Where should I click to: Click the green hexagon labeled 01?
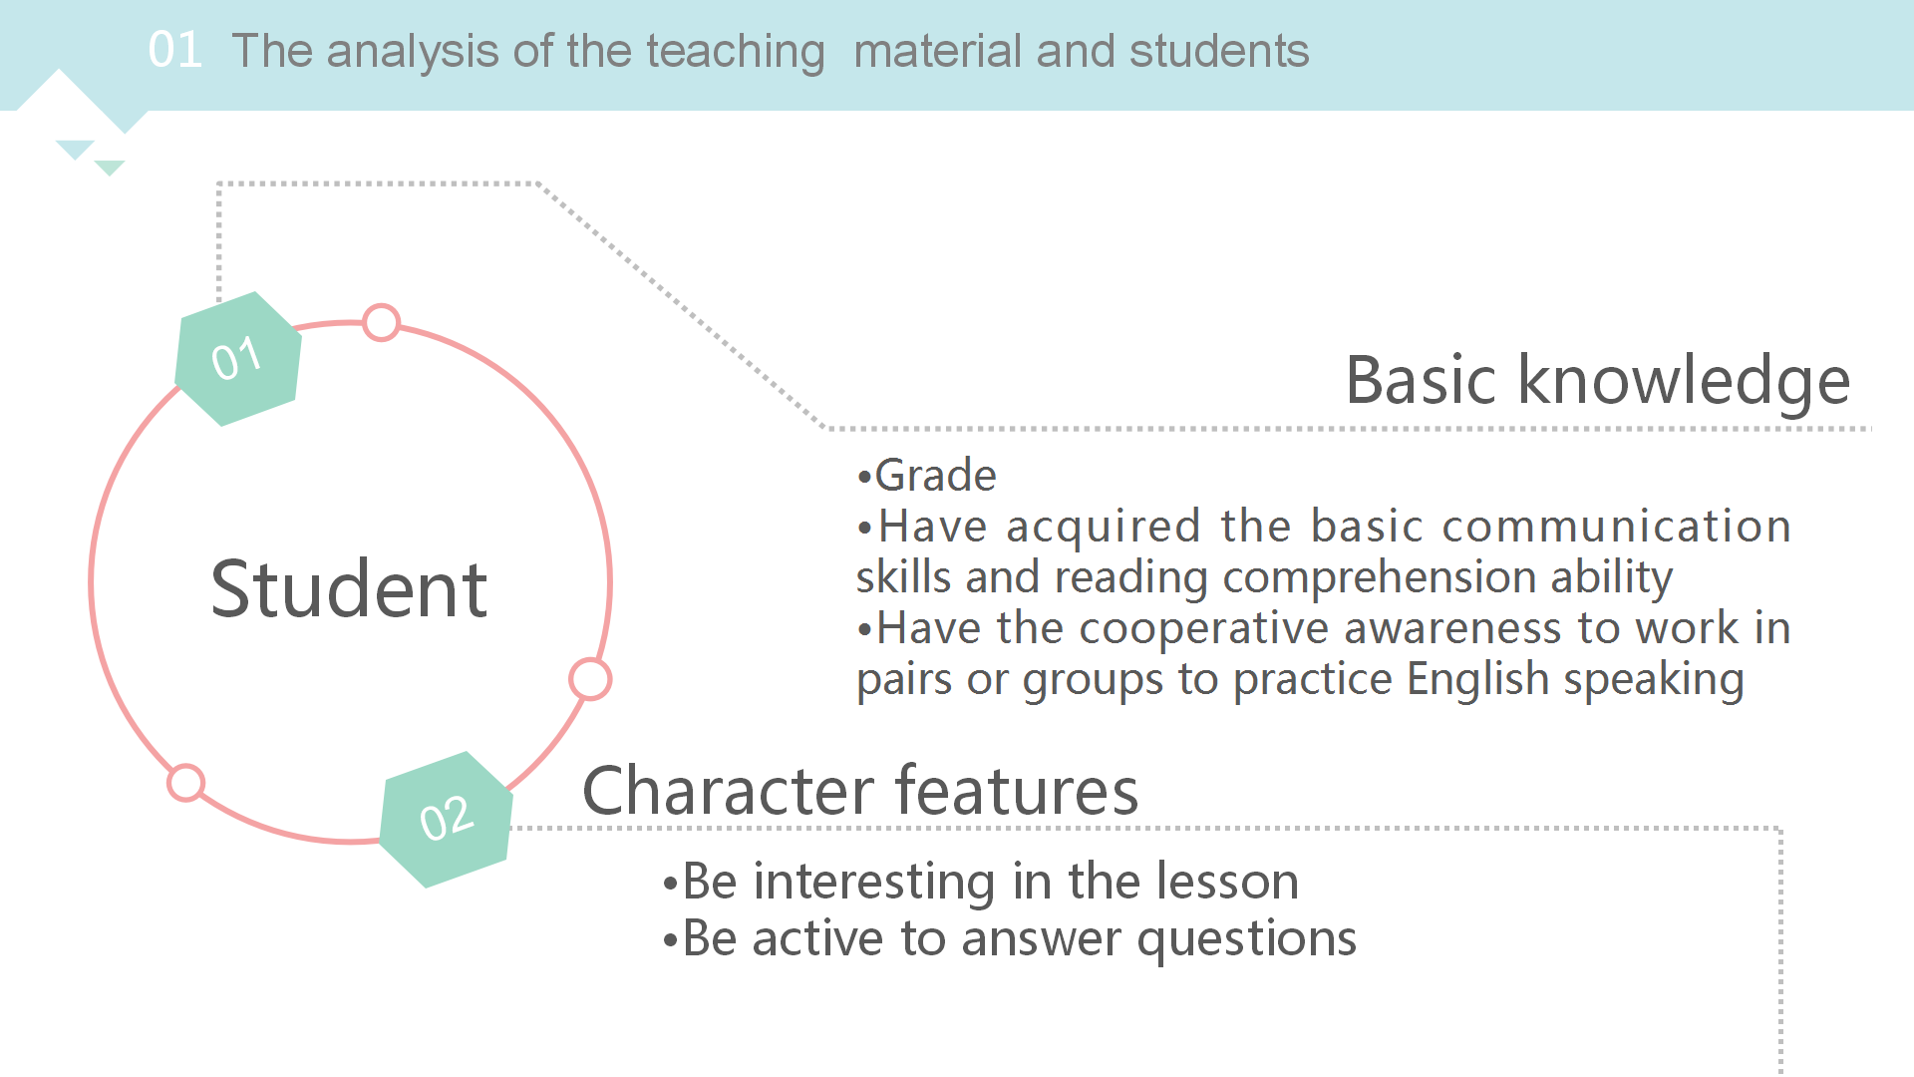tap(238, 358)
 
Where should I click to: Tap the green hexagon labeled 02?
tap(447, 819)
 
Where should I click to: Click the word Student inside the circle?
tap(349, 589)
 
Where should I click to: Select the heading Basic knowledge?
tap(1598, 382)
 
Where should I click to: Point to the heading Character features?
tap(860, 791)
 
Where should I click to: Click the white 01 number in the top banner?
tap(175, 50)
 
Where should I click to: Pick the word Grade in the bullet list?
tap(935, 476)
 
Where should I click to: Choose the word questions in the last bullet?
tap(1246, 940)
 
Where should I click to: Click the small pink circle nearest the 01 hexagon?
tap(381, 323)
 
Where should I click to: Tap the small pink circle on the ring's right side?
tap(590, 679)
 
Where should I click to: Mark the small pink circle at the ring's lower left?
tap(186, 783)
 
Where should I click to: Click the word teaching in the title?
tap(735, 52)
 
